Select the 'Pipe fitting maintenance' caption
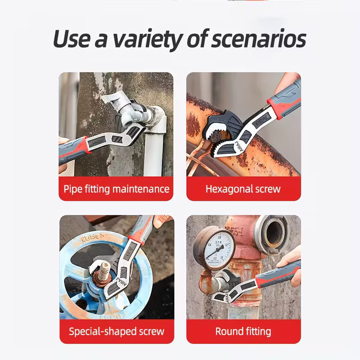116,189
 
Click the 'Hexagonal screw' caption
243,189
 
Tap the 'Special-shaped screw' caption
116,332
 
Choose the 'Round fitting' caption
243,332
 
